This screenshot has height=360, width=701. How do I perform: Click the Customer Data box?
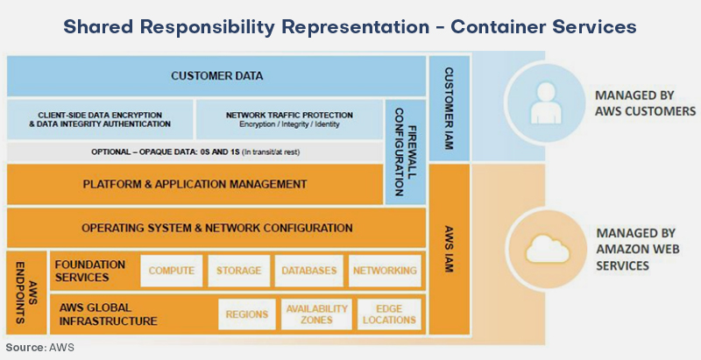216,75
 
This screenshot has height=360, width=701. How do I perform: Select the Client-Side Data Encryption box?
100,119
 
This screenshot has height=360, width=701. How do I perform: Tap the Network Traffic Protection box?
289,119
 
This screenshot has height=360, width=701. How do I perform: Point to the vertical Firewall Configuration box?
406,152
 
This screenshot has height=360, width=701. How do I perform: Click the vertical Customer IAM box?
450,108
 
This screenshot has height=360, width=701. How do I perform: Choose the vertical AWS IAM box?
450,250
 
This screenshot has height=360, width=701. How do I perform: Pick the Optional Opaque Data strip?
195,152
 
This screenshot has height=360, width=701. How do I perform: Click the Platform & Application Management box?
195,184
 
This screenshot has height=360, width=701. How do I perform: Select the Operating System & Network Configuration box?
216,228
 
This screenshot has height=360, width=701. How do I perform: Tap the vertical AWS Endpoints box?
26,293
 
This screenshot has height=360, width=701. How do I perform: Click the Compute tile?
171,271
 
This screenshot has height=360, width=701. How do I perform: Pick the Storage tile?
238,271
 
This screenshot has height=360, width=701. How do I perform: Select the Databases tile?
309,271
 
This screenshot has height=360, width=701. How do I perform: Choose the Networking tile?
385,271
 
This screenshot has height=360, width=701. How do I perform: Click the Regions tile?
247,314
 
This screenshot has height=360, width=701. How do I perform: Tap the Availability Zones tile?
316,314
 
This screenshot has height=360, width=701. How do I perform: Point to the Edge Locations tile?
389,314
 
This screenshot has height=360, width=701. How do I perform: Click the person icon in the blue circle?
545,103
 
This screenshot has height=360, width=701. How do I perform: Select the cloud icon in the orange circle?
548,249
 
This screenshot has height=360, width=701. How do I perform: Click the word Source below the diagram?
25,348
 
